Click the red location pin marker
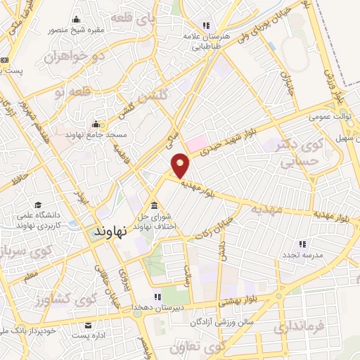coord(181,165)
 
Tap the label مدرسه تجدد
coord(302,255)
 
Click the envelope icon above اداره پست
coord(89,326)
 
